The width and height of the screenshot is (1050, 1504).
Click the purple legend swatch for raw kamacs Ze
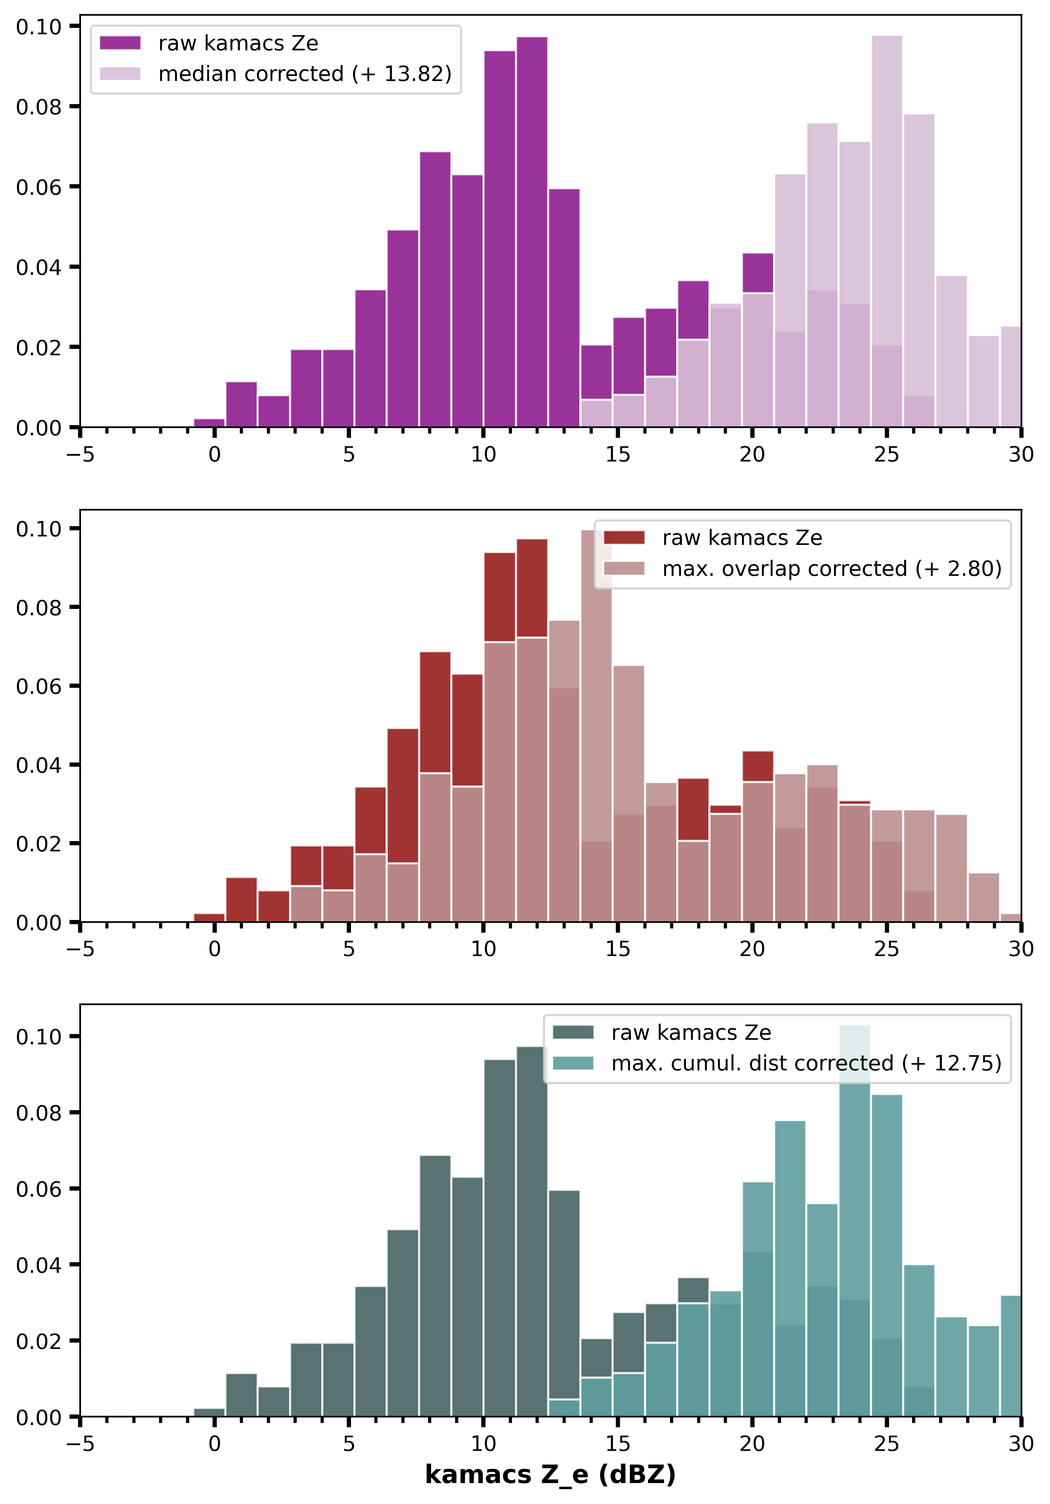pos(120,43)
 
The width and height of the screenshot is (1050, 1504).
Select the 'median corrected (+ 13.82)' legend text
pos(305,74)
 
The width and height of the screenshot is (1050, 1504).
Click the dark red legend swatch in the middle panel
pos(624,538)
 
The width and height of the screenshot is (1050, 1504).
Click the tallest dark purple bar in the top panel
pos(532,229)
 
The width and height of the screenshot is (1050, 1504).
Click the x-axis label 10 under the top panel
pos(483,455)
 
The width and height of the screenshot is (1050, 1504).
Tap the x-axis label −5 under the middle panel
pos(80,949)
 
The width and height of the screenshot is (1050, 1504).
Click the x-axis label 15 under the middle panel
pos(617,949)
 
